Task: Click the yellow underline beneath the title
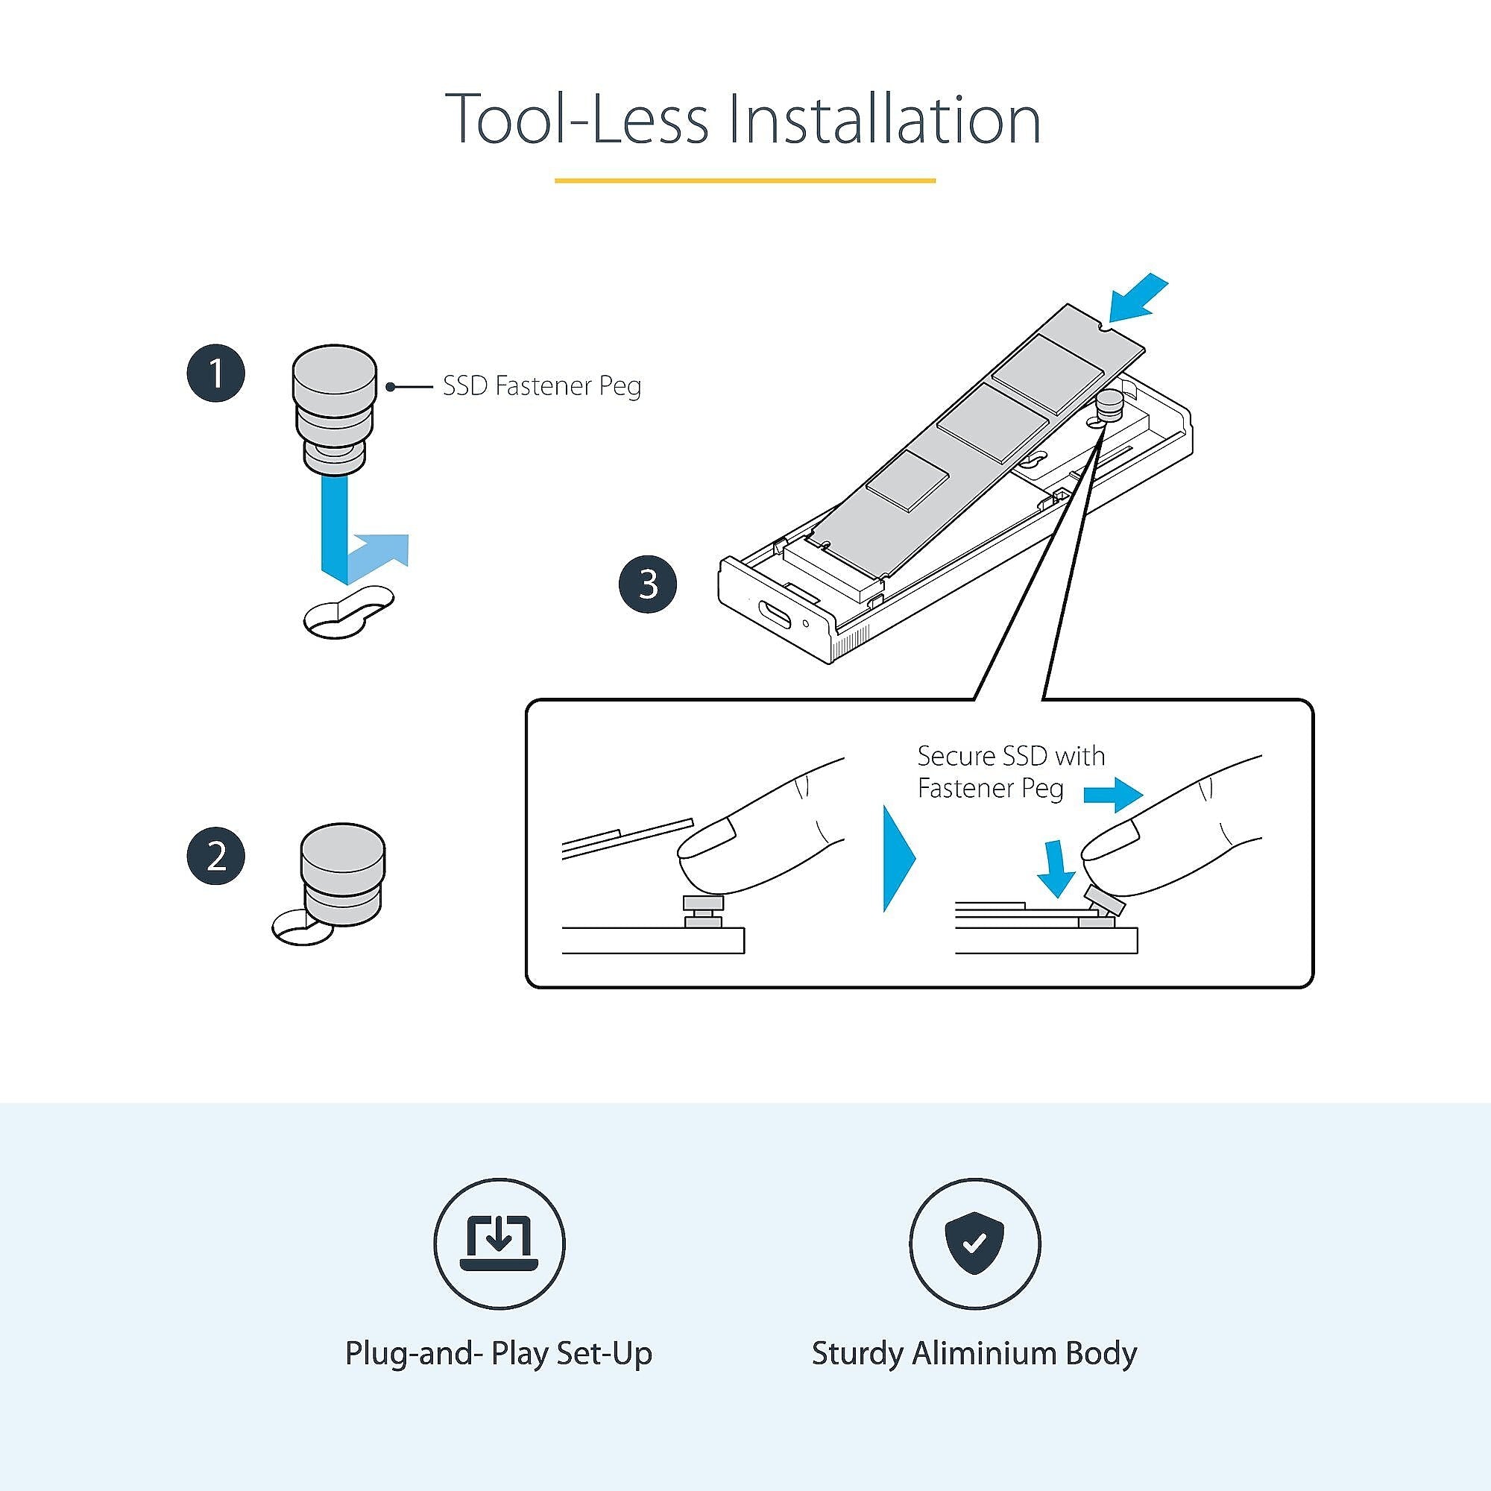(x=745, y=180)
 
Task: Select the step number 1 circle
(x=216, y=373)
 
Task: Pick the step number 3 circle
(x=649, y=584)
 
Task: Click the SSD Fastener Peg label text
(x=542, y=385)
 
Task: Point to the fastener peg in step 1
(x=333, y=411)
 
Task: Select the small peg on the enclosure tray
(x=1109, y=404)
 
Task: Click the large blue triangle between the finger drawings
(x=899, y=859)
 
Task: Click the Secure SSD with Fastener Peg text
(x=1011, y=771)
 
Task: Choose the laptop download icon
(x=499, y=1243)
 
